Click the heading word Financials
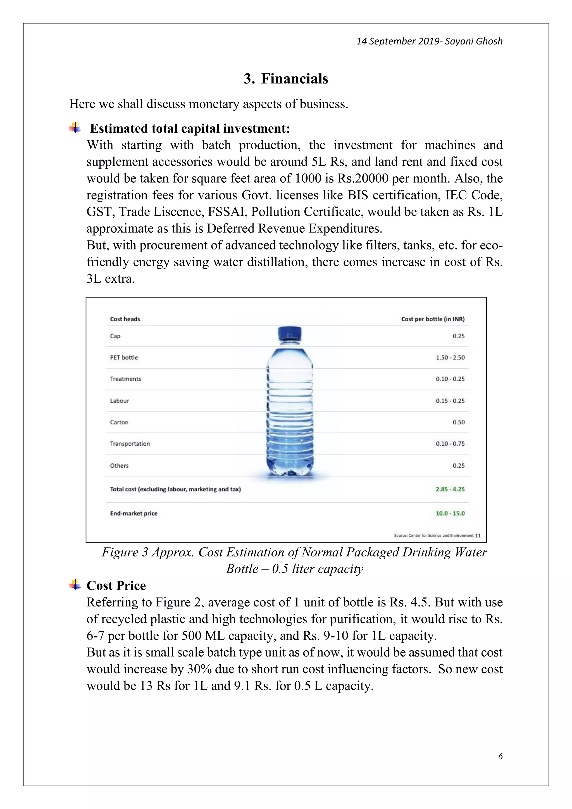[x=294, y=78]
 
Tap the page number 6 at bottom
[x=500, y=756]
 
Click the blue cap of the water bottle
[x=290, y=333]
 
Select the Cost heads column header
[x=125, y=319]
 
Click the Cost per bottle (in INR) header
[x=433, y=319]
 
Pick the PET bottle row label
[x=124, y=357]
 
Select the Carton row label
[x=119, y=422]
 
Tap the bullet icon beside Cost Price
[x=75, y=585]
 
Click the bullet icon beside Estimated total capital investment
[x=75, y=128]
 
